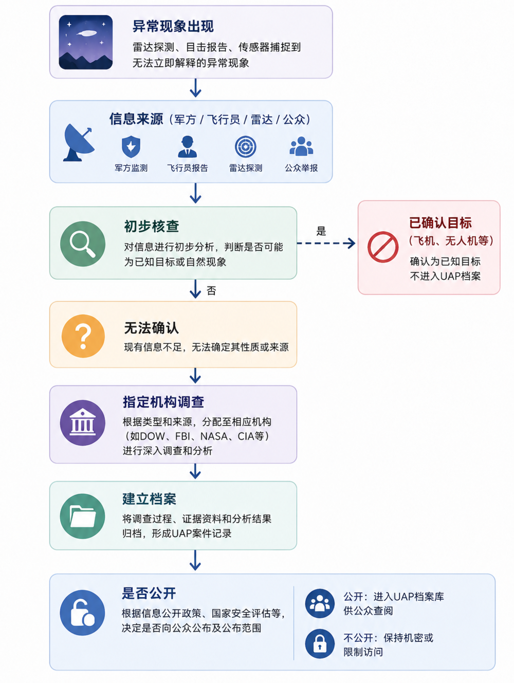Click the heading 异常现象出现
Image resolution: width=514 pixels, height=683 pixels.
(173, 26)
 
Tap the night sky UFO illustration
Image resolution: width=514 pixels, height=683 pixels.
(85, 42)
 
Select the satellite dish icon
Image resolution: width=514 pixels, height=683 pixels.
(79, 142)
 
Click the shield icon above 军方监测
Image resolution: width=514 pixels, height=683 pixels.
(131, 146)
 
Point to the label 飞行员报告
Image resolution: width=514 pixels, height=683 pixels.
(187, 168)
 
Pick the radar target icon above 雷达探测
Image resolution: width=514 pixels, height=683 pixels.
(246, 146)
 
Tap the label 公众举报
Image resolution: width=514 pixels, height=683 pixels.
(301, 168)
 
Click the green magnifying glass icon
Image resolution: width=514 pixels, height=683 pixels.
(83, 244)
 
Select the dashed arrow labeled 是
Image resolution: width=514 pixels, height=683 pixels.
(326, 243)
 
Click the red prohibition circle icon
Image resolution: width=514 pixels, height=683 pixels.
(383, 247)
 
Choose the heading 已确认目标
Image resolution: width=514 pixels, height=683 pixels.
(440, 223)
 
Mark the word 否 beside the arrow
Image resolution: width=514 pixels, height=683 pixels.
(211, 291)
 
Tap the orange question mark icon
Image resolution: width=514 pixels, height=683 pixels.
(83, 336)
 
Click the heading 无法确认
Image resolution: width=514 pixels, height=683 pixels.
(152, 328)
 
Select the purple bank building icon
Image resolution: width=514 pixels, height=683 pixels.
(82, 423)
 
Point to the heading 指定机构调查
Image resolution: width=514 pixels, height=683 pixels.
(163, 402)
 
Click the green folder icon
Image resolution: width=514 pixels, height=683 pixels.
(82, 516)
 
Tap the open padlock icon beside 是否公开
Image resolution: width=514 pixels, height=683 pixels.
(82, 613)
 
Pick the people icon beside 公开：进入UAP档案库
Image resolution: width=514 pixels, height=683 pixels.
(320, 603)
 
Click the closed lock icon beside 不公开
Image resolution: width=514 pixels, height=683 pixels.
(320, 644)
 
